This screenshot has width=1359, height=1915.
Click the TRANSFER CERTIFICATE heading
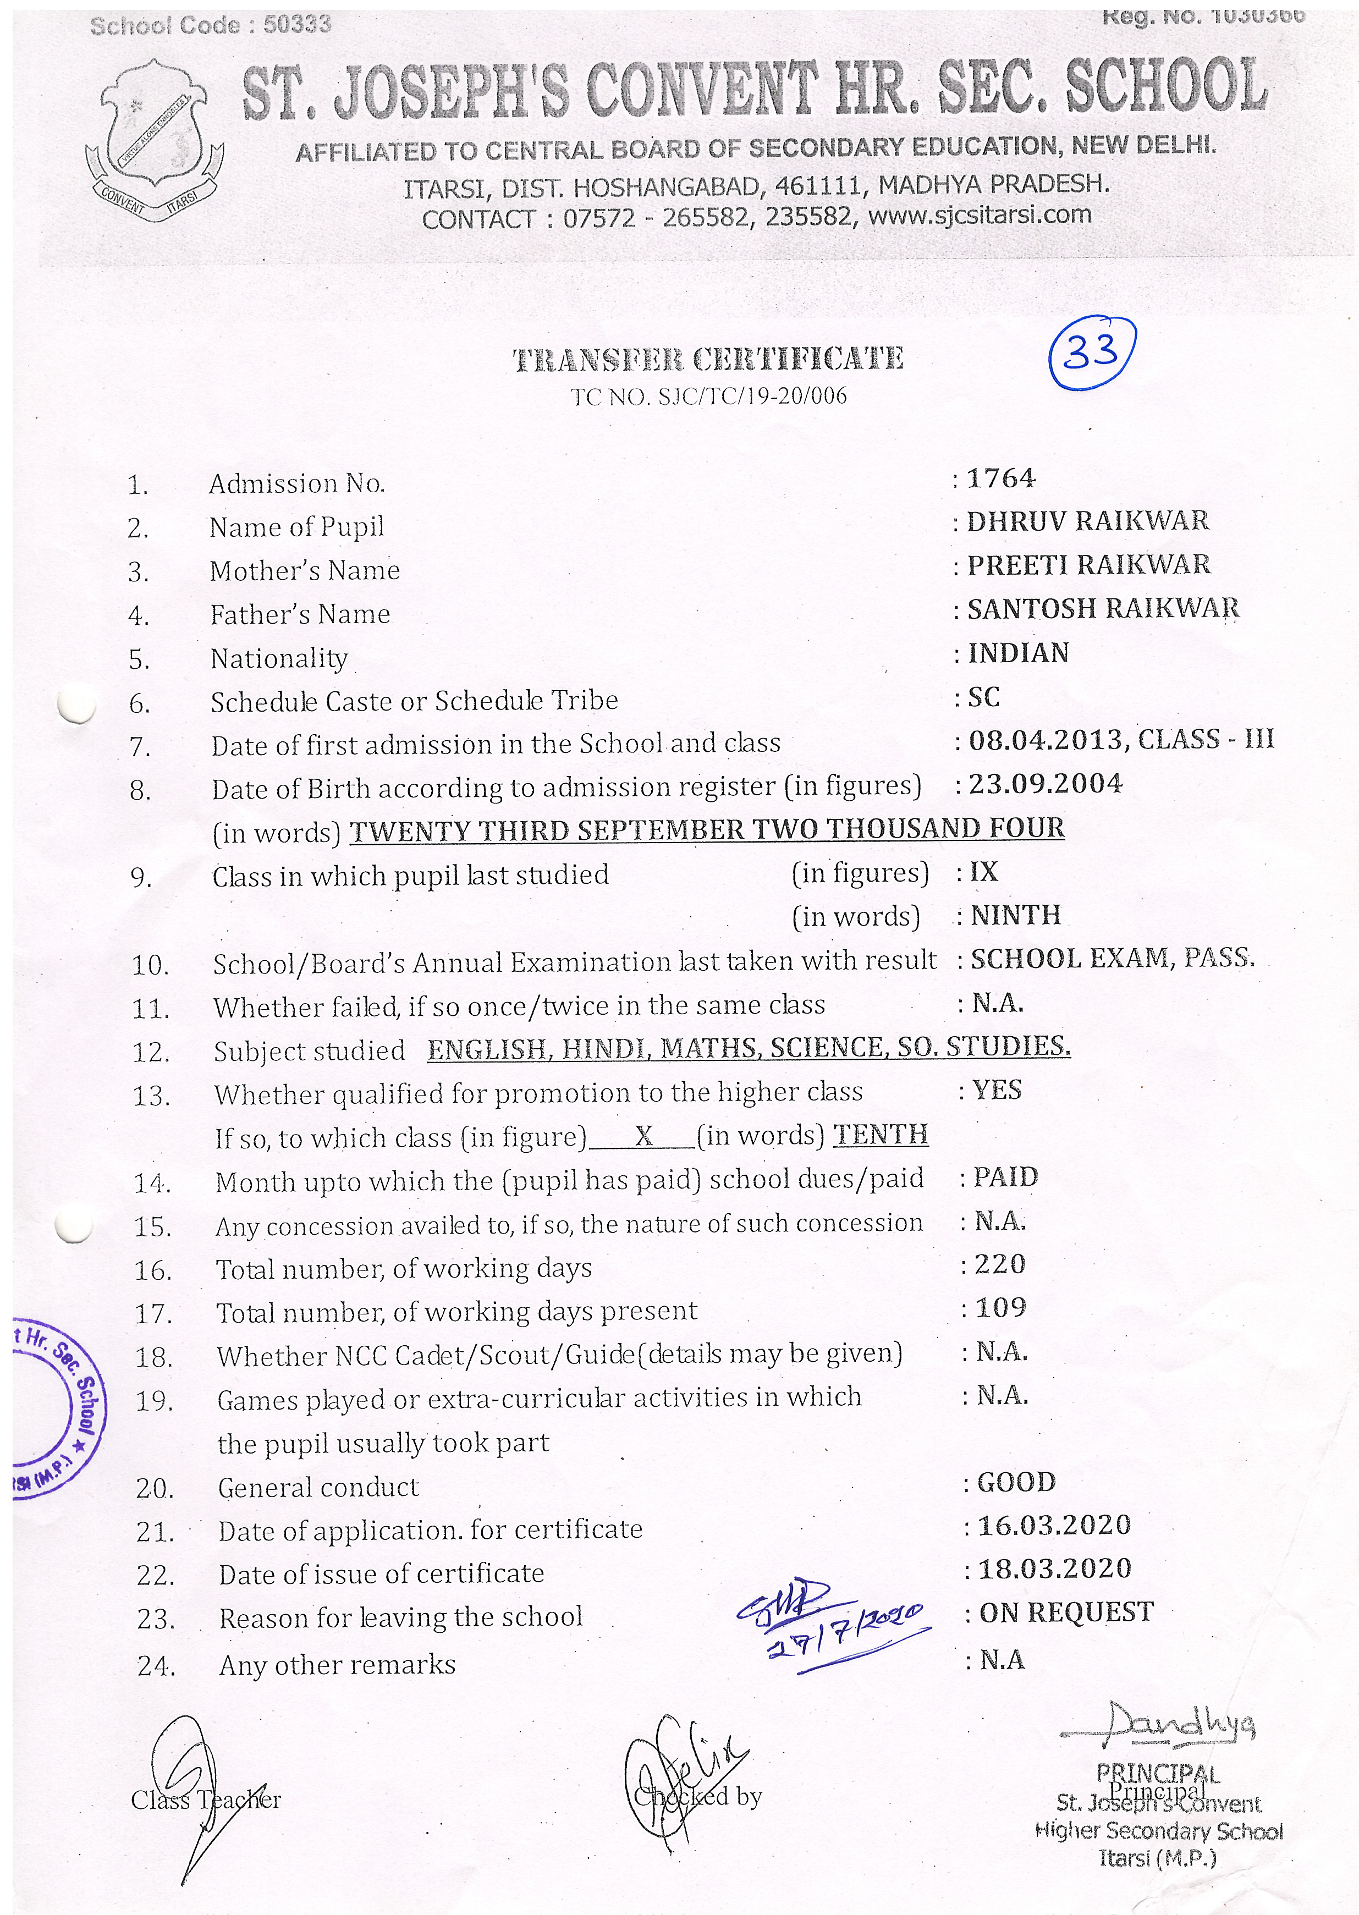(x=708, y=360)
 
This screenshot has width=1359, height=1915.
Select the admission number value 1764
(x=1001, y=478)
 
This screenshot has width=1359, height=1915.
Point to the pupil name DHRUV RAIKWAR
(x=1088, y=521)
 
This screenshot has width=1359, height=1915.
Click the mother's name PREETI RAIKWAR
(x=1089, y=565)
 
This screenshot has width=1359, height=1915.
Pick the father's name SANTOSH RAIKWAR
(x=1103, y=608)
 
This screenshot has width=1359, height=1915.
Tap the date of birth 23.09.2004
(x=1045, y=784)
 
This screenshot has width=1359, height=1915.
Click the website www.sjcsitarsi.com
(x=980, y=215)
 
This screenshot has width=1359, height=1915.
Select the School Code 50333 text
(x=211, y=25)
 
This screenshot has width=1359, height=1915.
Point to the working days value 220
(x=1000, y=1264)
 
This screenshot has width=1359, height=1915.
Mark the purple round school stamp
(x=54, y=1406)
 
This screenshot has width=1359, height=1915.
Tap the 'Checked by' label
(x=698, y=1797)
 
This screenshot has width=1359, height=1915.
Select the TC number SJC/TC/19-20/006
(x=708, y=396)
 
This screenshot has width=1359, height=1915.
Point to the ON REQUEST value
(x=1066, y=1612)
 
